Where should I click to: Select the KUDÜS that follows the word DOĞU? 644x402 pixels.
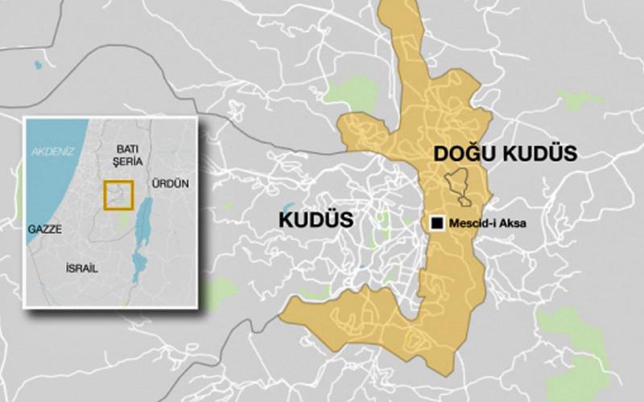pyautogui.click(x=539, y=154)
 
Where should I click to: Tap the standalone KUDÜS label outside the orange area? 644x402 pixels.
pyautogui.click(x=316, y=219)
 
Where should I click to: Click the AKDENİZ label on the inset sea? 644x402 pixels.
pyautogui.click(x=47, y=151)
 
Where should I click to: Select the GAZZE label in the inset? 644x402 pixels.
pyautogui.click(x=44, y=229)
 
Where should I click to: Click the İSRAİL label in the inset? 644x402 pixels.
pyautogui.click(x=81, y=269)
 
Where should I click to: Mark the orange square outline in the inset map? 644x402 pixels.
pyautogui.click(x=118, y=195)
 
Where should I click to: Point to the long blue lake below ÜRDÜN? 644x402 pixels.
pyautogui.click(x=145, y=221)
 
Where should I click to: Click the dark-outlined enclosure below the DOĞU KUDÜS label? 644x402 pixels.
pyautogui.click(x=459, y=187)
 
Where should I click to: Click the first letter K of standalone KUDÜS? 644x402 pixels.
pyautogui.click(x=284, y=219)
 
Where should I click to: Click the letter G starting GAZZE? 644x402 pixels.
pyautogui.click(x=31, y=229)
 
